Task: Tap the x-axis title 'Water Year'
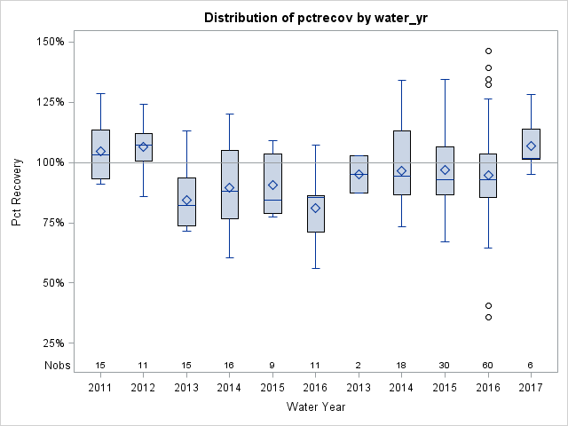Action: pos(317,406)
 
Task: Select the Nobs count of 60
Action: pos(487,365)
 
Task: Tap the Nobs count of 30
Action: pos(445,365)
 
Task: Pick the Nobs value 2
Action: pos(359,365)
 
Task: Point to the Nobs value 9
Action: pos(272,365)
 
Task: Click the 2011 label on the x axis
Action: pos(100,388)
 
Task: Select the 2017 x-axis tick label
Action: pos(531,388)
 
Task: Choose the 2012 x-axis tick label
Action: pos(143,388)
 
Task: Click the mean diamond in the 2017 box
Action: pos(531,146)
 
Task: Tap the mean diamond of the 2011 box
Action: pos(100,151)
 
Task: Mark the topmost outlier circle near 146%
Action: pos(488,51)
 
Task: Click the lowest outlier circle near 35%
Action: pos(488,317)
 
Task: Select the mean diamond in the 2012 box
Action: pos(143,146)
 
